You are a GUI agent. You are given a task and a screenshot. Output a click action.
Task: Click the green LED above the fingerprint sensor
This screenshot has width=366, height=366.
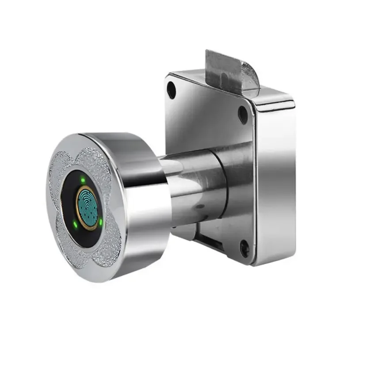pyautogui.click(x=82, y=179)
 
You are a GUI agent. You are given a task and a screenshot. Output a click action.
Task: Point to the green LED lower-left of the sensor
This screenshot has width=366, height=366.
pyautogui.click(x=75, y=224)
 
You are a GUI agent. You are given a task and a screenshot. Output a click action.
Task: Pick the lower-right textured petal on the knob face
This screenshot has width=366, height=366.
pyautogui.click(x=111, y=247)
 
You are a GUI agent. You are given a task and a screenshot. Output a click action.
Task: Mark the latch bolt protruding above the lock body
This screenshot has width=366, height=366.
pyautogui.click(x=230, y=71)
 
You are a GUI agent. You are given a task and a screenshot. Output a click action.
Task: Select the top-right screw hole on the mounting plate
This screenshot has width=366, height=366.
pyautogui.click(x=243, y=114)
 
